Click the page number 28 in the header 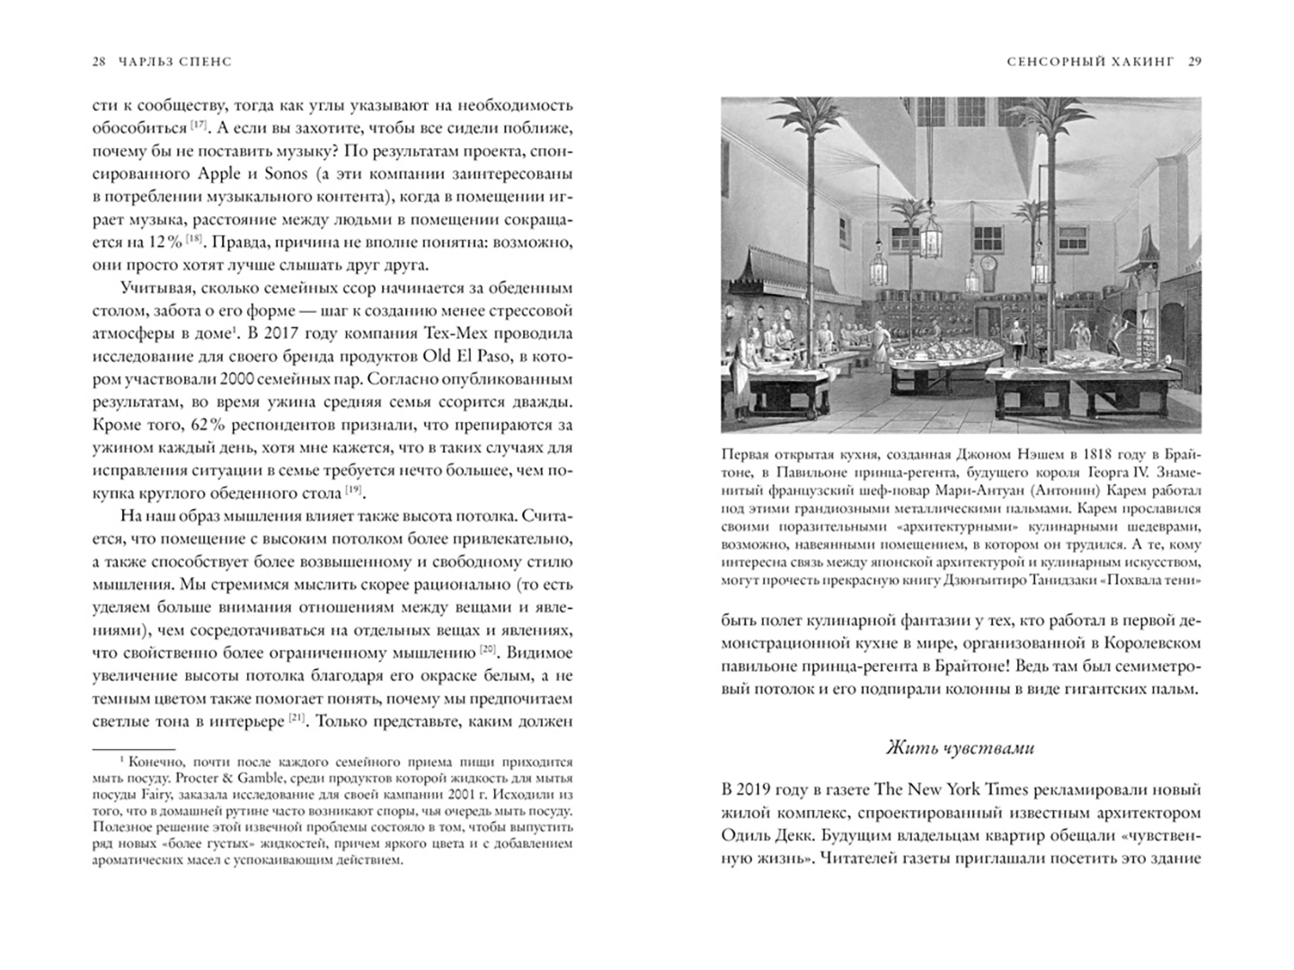(99, 62)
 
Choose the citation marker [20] (488, 649)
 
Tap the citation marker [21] (299, 719)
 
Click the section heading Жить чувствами (960, 747)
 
